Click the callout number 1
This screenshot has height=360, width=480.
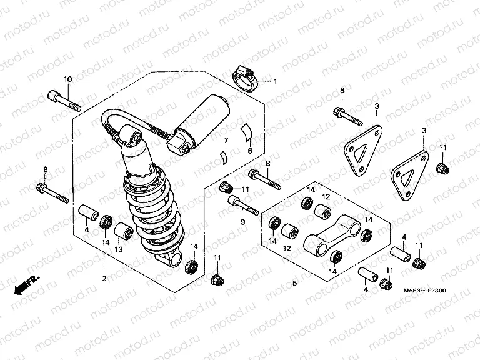click(x=274, y=82)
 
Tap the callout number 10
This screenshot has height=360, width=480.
click(x=68, y=79)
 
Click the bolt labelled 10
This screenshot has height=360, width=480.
click(x=64, y=101)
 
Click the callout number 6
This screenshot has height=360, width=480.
click(x=250, y=151)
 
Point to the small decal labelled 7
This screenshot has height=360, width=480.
click(x=222, y=154)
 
